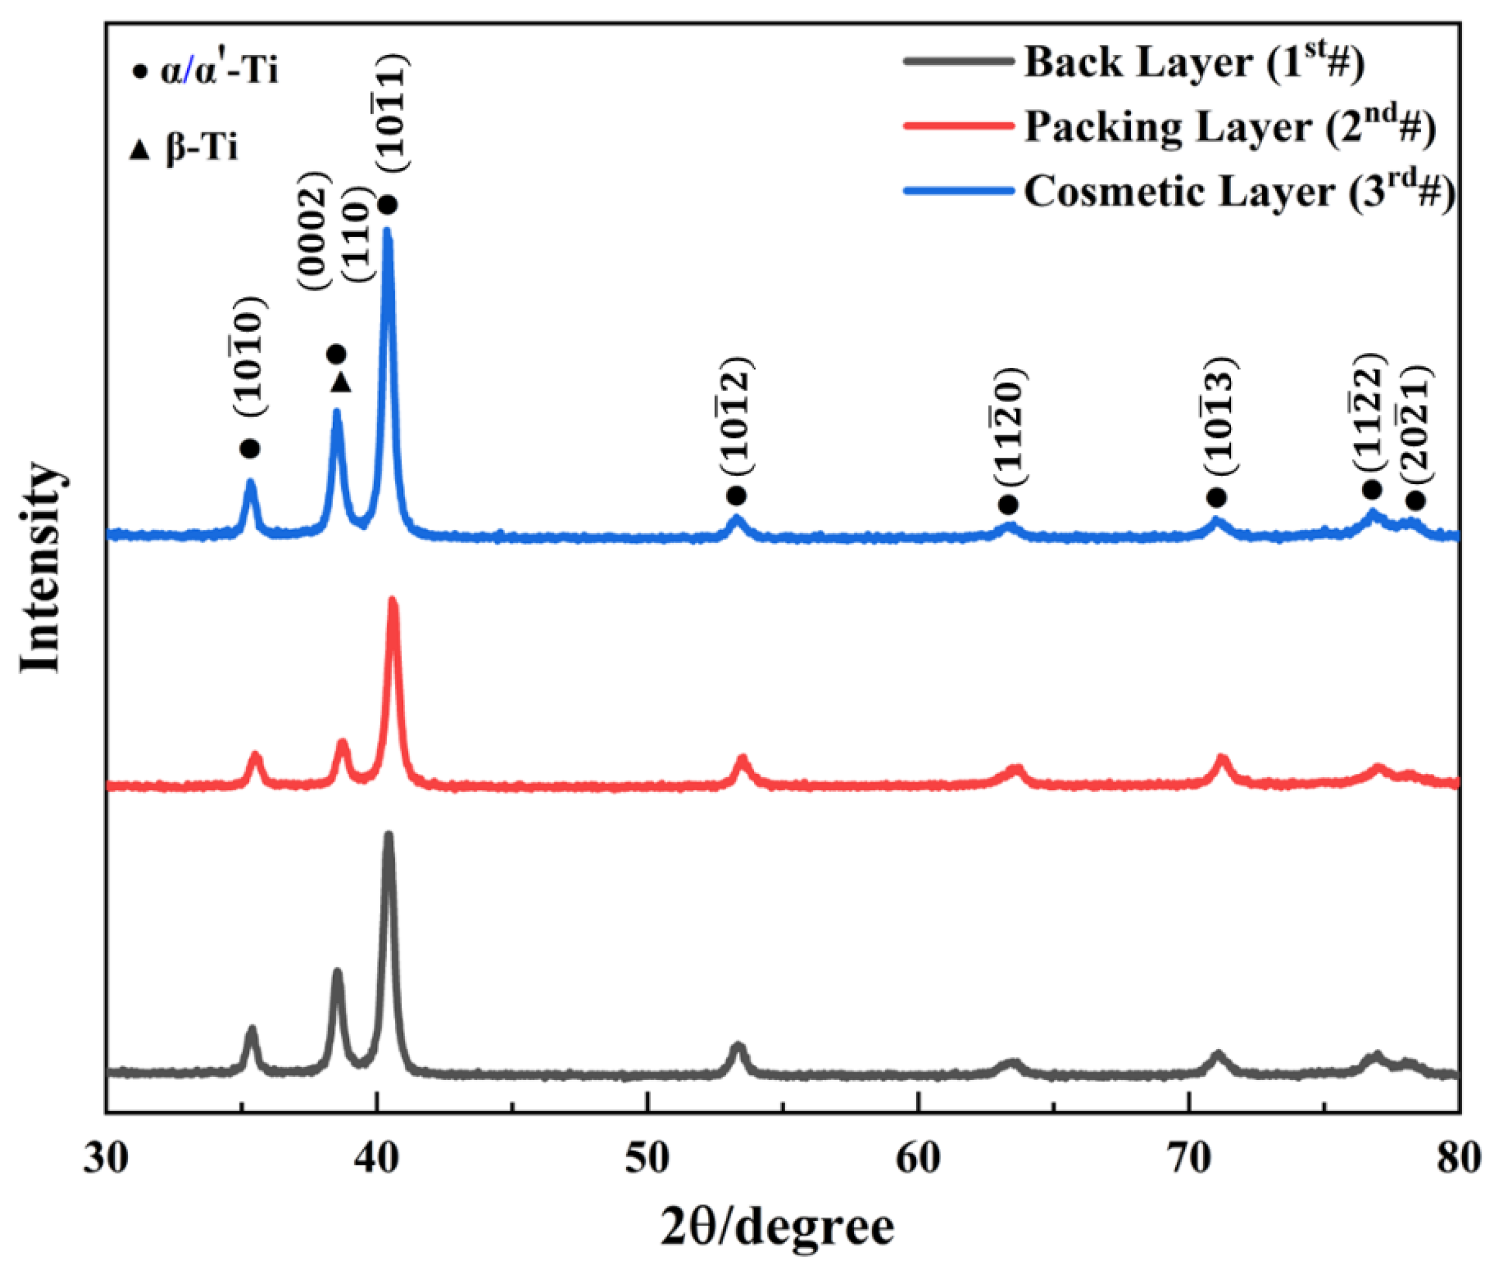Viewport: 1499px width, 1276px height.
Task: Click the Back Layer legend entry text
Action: click(x=1194, y=62)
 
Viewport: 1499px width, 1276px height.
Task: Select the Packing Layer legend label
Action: click(x=1230, y=127)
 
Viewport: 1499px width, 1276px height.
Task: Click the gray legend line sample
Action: click(x=958, y=62)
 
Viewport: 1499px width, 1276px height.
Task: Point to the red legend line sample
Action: click(x=958, y=126)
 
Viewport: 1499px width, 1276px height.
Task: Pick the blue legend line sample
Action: click(x=958, y=191)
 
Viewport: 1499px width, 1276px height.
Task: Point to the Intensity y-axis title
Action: click(x=40, y=568)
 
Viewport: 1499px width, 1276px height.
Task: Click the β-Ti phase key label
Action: click(x=201, y=149)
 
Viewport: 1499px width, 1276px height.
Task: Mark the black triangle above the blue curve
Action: click(x=341, y=383)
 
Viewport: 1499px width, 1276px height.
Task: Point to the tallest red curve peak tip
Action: click(x=393, y=601)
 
